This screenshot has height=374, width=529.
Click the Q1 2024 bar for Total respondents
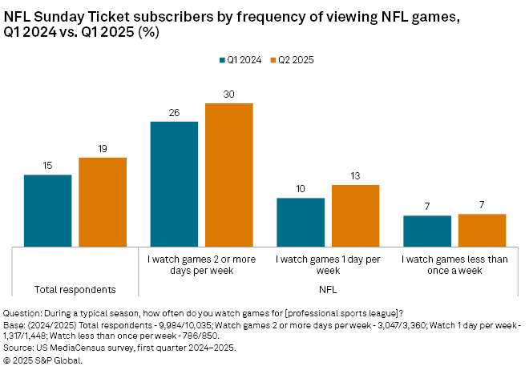click(x=48, y=211)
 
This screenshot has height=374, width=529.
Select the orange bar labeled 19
click(x=103, y=202)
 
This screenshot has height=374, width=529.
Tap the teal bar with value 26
click(x=174, y=183)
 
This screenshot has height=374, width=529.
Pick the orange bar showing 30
click(x=229, y=175)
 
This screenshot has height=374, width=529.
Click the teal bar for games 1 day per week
click(x=301, y=222)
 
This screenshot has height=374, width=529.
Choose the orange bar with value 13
click(x=355, y=215)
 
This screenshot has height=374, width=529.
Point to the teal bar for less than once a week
click(x=427, y=231)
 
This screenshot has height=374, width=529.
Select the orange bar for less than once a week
click(x=482, y=230)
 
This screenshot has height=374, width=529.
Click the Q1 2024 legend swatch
click(x=222, y=60)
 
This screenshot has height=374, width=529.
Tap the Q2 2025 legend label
click(x=297, y=60)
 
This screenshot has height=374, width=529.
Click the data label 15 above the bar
click(x=48, y=167)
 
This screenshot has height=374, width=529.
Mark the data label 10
click(x=301, y=190)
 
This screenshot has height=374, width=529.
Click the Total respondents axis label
click(x=76, y=288)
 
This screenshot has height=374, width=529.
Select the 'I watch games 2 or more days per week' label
click(x=202, y=264)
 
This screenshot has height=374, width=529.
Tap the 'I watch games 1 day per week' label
click(x=328, y=264)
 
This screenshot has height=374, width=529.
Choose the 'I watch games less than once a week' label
click(x=454, y=264)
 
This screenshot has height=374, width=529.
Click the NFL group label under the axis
click(x=328, y=288)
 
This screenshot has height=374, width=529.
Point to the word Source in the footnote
click(x=19, y=348)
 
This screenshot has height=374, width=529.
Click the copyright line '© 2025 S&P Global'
click(x=43, y=360)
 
